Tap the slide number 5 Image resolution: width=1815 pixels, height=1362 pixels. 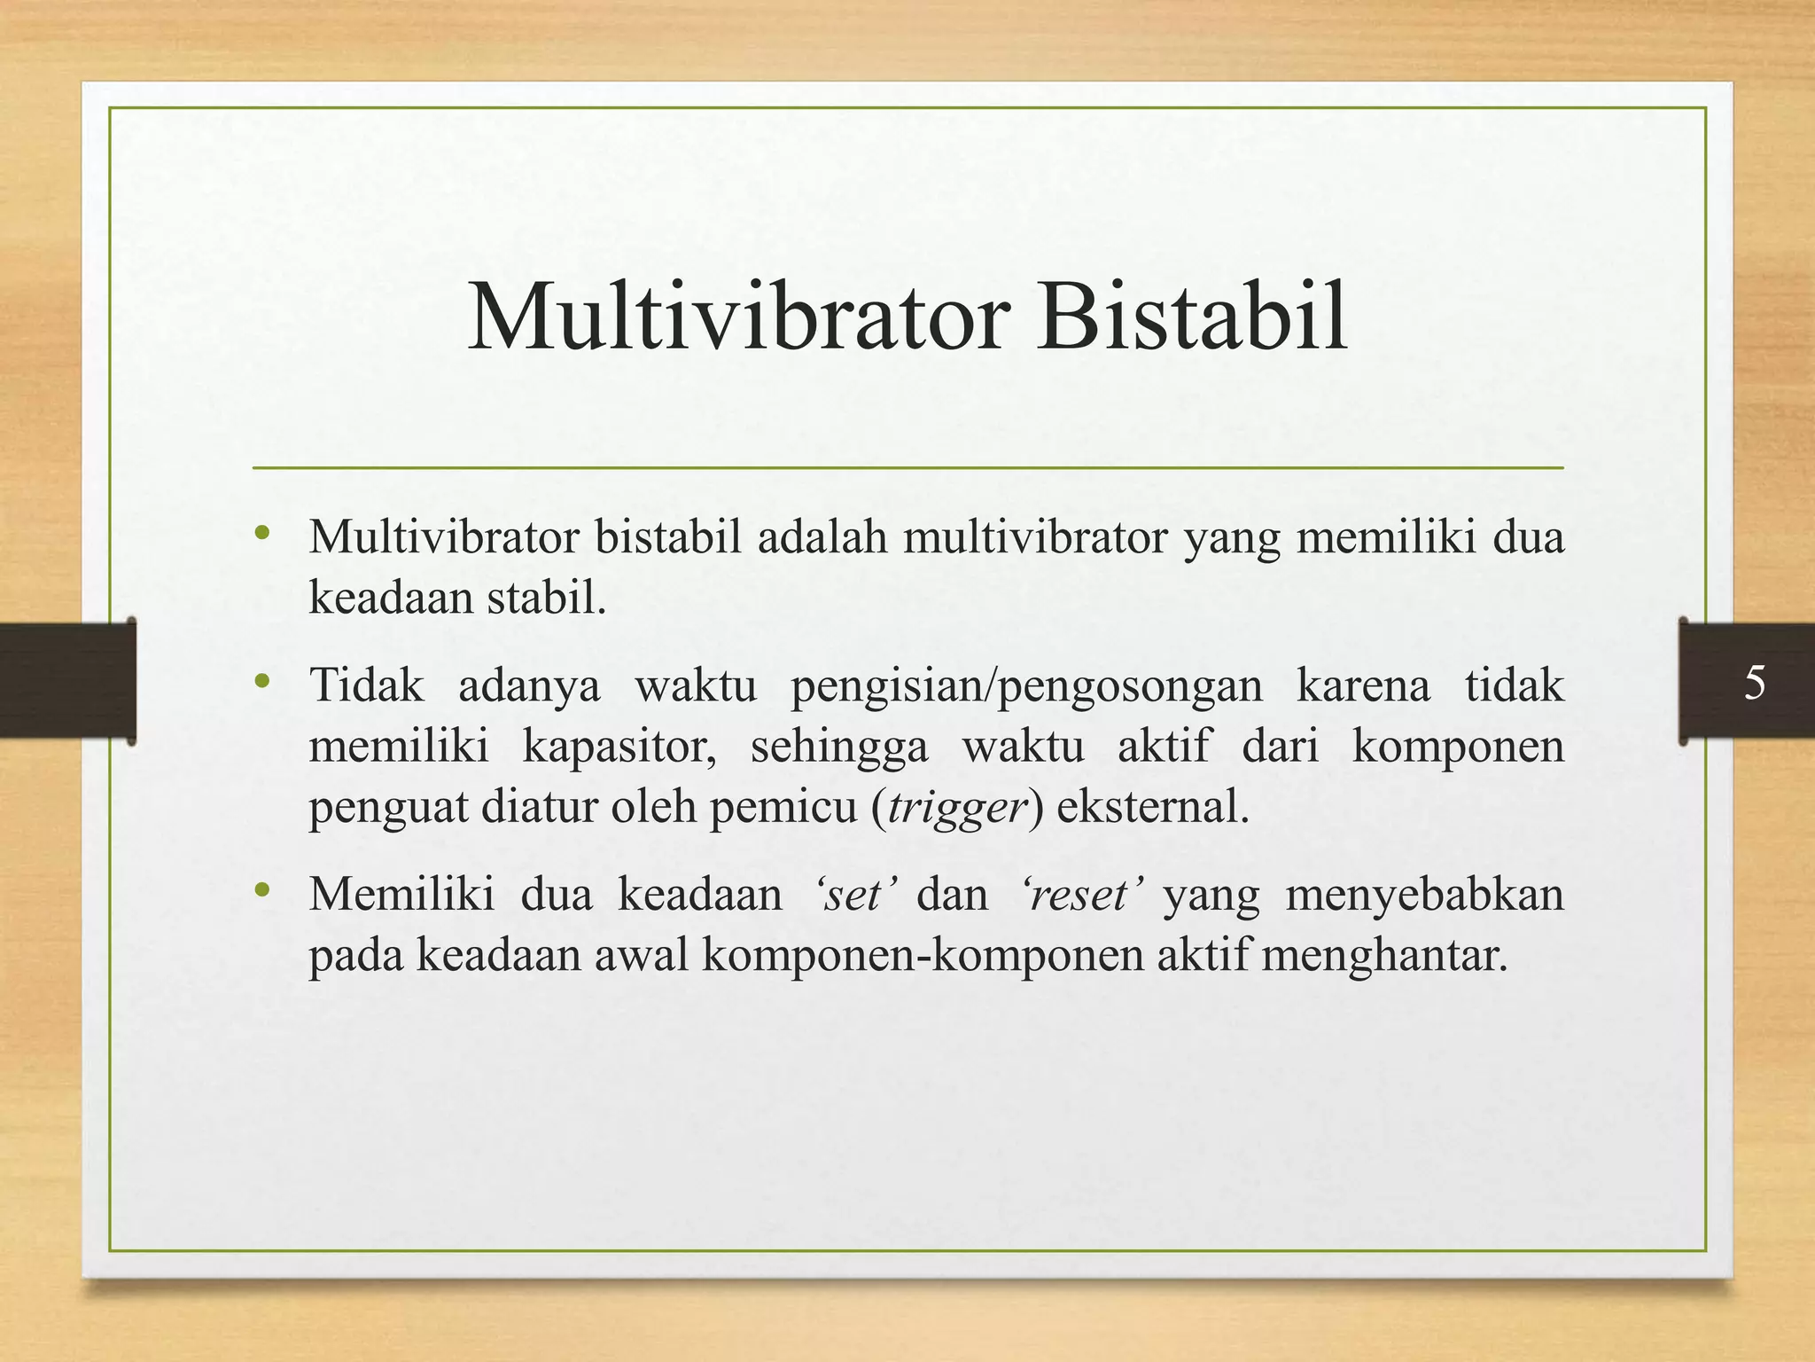coord(1754,684)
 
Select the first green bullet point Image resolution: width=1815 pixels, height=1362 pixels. coord(261,534)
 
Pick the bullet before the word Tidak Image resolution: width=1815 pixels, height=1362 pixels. coord(261,682)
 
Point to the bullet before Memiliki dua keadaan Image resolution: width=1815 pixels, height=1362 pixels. coord(261,890)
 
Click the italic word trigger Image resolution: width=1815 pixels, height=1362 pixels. coord(956,807)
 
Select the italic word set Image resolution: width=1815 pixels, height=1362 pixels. coord(852,894)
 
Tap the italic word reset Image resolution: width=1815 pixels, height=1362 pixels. coord(1079,894)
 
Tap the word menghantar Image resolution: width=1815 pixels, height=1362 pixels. coord(1383,955)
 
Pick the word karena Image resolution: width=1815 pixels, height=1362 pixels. coord(1363,685)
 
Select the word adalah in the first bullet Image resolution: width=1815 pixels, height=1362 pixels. coord(822,537)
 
